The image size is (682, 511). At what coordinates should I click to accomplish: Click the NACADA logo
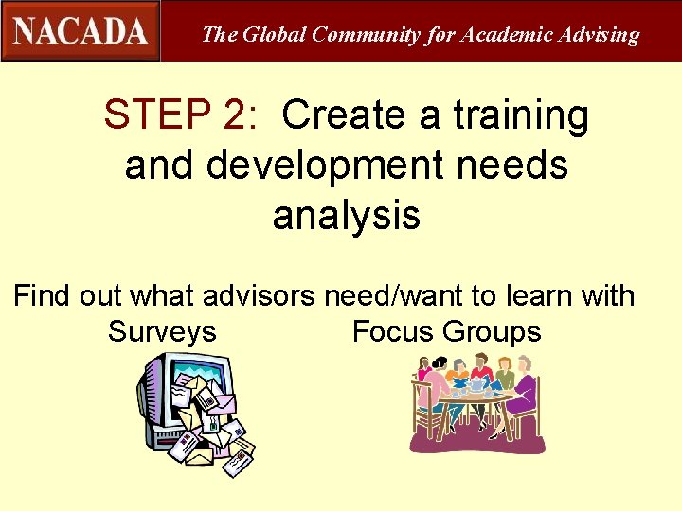81,31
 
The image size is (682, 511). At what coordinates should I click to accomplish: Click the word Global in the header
275,35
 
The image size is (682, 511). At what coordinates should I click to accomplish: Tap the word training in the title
520,115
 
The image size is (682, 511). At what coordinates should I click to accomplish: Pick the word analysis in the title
346,216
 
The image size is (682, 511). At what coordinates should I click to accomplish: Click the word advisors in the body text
257,295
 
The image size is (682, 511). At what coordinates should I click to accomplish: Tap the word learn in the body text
540,295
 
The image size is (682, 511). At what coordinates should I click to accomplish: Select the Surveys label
162,332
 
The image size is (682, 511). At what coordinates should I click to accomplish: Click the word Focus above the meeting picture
393,332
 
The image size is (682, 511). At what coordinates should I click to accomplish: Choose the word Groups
492,332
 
